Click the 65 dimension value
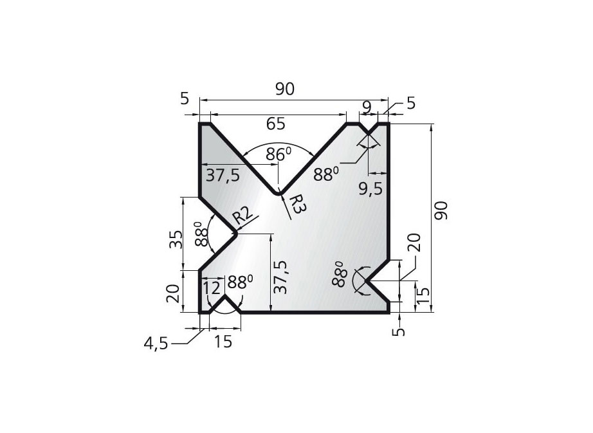point(275,124)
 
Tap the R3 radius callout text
point(296,205)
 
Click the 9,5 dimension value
point(374,188)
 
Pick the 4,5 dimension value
point(156,344)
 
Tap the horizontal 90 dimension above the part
point(284,89)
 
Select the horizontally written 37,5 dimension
point(222,175)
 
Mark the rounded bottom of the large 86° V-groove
point(278,192)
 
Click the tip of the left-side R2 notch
point(235,234)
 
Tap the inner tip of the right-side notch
point(366,280)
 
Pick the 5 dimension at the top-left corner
point(185,98)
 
